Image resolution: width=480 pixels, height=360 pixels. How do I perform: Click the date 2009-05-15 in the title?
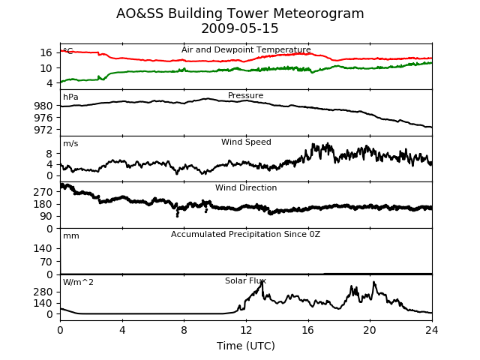pyautogui.click(x=240, y=28)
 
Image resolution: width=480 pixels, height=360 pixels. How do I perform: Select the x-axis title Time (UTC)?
pyautogui.click(x=246, y=346)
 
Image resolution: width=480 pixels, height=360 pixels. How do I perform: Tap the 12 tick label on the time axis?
pyautogui.click(x=246, y=330)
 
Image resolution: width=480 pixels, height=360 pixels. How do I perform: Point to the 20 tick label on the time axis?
pyautogui.click(x=370, y=330)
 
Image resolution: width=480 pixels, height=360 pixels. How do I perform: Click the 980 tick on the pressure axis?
pyautogui.click(x=43, y=106)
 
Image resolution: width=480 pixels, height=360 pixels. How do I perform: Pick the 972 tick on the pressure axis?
pyautogui.click(x=43, y=130)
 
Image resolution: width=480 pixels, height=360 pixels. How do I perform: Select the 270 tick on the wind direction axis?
pyautogui.click(x=43, y=192)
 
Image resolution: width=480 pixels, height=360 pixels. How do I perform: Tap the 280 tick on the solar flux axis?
pyautogui.click(x=43, y=292)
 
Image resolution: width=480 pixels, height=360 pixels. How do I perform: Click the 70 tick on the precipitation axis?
pyautogui.click(x=46, y=262)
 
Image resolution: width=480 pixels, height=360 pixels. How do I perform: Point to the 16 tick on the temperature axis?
pyautogui.click(x=46, y=52)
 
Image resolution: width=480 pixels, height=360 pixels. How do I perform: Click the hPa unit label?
pyautogui.click(x=70, y=97)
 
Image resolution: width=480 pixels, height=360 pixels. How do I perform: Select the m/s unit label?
pyautogui.click(x=70, y=143)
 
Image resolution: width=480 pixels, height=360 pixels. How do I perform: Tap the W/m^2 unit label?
pyautogui.click(x=78, y=282)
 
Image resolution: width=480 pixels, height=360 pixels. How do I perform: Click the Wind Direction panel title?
pyautogui.click(x=246, y=187)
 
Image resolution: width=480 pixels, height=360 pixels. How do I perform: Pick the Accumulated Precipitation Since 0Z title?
pyautogui.click(x=245, y=234)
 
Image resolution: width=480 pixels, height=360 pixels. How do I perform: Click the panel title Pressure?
pyautogui.click(x=245, y=95)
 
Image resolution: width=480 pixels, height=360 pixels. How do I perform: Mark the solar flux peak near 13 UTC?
pyautogui.click(x=262, y=282)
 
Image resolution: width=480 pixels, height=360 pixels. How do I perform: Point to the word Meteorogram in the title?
pyautogui.click(x=318, y=13)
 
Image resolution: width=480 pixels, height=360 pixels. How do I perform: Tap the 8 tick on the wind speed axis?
pyautogui.click(x=49, y=154)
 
